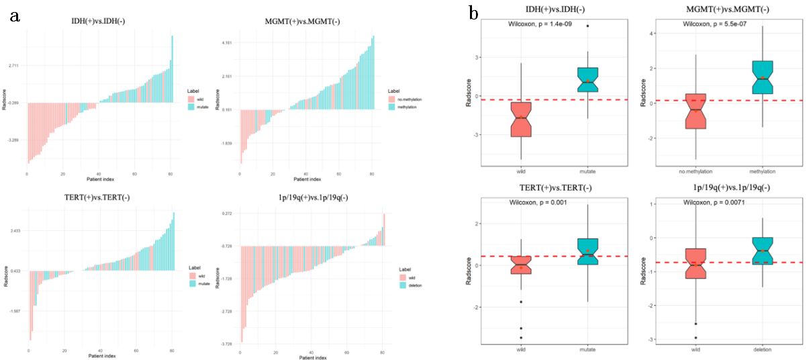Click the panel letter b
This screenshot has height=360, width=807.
475,13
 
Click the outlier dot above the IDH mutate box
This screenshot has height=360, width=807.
587,26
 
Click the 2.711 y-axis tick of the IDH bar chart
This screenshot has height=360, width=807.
13,66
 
